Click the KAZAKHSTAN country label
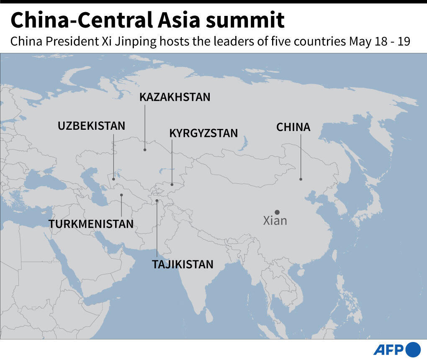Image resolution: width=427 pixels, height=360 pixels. point(175,98)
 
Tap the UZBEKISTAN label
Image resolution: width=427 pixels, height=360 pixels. point(92,126)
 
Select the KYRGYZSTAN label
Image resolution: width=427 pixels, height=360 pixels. point(203,133)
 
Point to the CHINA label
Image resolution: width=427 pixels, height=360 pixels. point(293,127)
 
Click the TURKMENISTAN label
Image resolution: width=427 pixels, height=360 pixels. point(91,224)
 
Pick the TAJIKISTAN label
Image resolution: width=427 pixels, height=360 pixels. point(183,265)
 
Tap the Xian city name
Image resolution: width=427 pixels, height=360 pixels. point(275,221)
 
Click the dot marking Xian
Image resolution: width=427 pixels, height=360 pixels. point(277,212)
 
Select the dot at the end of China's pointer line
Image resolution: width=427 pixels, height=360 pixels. point(301,179)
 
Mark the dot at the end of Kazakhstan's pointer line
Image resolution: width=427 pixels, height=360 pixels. point(145,149)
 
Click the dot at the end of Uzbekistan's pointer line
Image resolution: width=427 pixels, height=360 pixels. point(113,179)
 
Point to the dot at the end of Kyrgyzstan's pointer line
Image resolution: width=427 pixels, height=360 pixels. point(172,184)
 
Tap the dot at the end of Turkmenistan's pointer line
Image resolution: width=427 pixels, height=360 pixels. point(121,195)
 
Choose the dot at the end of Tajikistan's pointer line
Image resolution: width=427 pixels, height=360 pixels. point(157,201)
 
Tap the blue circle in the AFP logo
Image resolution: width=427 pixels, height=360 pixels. point(413,349)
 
